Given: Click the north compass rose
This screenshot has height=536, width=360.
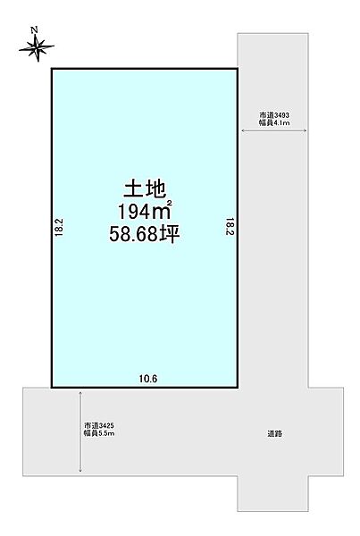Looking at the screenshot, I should coord(36,49).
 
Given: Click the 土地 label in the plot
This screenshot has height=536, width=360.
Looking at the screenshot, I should coord(143,189).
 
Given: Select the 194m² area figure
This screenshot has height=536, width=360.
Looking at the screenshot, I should coord(143,212).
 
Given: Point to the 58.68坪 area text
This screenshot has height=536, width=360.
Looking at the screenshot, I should coord(143,236).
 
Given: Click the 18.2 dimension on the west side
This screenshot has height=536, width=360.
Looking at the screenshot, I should coord(58,228).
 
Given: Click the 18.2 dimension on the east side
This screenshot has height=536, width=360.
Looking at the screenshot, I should coord(230,228).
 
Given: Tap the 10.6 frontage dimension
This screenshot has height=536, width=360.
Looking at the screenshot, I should coord(147,379).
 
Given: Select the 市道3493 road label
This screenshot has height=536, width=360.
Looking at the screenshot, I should coord(273,115).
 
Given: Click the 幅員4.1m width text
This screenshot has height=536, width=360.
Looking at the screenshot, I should coord(273,124).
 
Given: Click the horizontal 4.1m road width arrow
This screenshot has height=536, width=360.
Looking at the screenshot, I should coord(273,132).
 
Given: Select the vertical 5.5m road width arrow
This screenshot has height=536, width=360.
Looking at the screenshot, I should coord(81,431).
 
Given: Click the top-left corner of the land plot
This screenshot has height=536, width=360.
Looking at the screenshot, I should coord(51,69).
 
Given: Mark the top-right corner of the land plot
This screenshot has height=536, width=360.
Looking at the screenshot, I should coord(238,69).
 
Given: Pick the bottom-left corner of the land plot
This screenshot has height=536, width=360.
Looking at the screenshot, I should coord(51,387).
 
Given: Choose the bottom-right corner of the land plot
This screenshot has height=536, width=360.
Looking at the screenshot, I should coord(238,387).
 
